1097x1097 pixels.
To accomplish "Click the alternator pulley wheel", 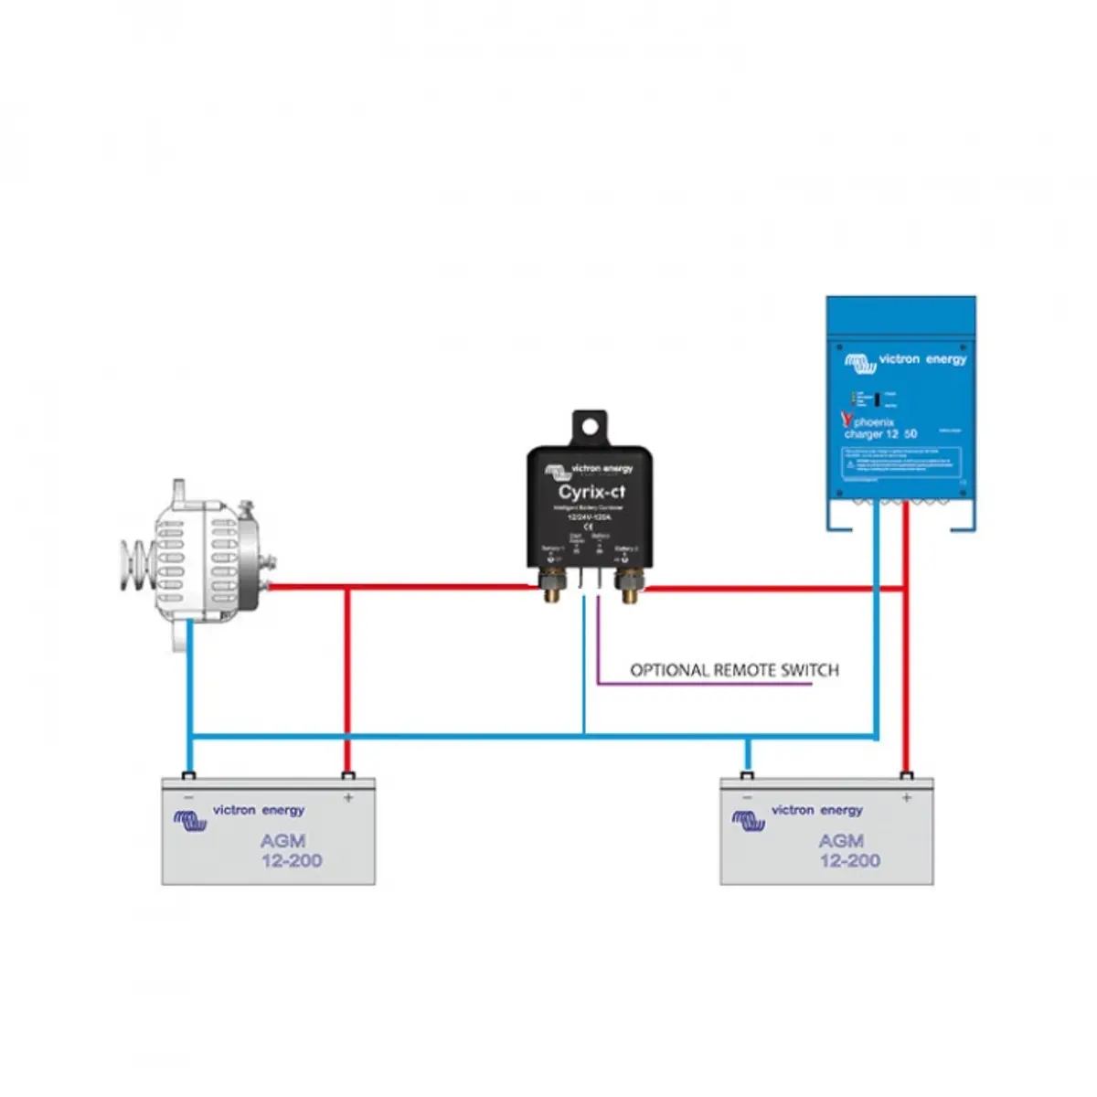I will pyautogui.click(x=135, y=558).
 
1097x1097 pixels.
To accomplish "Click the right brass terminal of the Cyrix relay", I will pyautogui.click(x=629, y=585).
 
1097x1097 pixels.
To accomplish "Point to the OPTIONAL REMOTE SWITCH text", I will pyautogui.click(x=734, y=670).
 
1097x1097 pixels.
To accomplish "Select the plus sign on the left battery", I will pyautogui.click(x=348, y=798).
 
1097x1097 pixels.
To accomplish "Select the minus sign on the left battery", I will pyautogui.click(x=189, y=798).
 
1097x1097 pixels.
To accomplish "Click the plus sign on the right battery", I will pyautogui.click(x=906, y=798).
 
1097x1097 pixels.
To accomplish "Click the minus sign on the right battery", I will pyautogui.click(x=748, y=798).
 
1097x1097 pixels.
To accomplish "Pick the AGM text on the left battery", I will pyautogui.click(x=282, y=840).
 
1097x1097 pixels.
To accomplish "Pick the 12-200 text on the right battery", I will pyautogui.click(x=850, y=860).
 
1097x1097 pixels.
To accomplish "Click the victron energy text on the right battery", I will pyautogui.click(x=816, y=810).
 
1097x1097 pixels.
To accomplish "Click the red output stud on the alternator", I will pyautogui.click(x=268, y=586).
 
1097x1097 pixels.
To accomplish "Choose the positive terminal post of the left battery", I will pyautogui.click(x=347, y=777).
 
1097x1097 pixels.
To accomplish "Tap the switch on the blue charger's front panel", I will pyautogui.click(x=877, y=399).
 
